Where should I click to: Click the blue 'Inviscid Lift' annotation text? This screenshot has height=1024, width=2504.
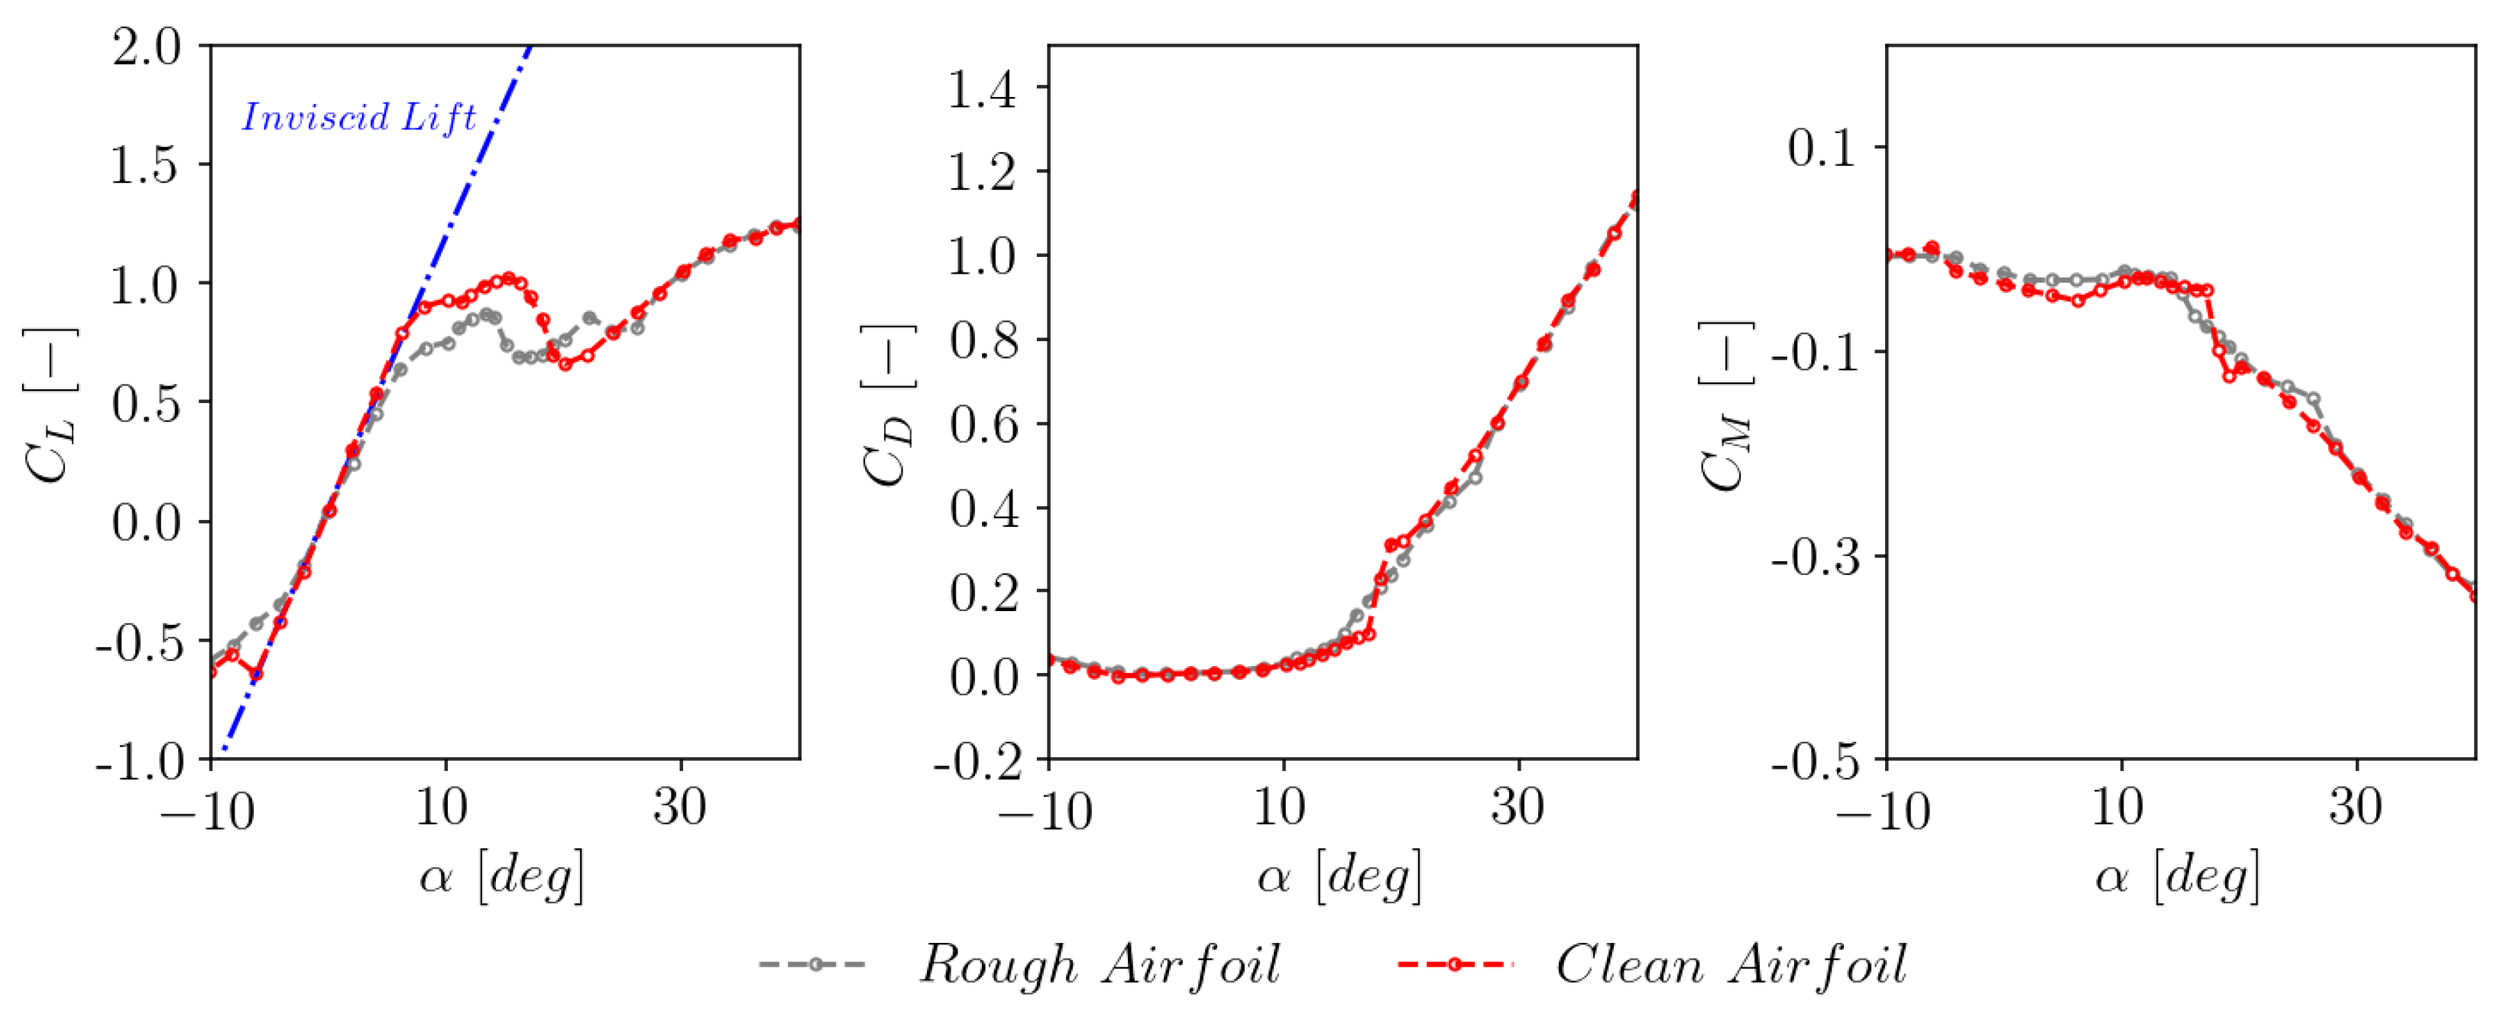[358, 118]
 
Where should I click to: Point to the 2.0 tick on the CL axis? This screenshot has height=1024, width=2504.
[146, 47]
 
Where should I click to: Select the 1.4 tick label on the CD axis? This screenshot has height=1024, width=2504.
[982, 89]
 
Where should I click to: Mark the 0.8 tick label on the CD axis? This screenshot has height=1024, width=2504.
[982, 340]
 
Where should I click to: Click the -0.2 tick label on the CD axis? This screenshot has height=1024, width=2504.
[976, 760]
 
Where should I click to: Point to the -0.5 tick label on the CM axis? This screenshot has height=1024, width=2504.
[1814, 760]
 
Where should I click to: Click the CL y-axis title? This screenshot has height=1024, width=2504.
[49, 405]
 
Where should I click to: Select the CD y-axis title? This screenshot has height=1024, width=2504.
[886, 405]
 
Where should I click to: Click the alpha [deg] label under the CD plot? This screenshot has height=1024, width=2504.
[1339, 875]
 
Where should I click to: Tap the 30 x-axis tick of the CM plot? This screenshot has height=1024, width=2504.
[2355, 807]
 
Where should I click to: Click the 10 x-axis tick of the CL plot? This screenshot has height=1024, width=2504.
[442, 807]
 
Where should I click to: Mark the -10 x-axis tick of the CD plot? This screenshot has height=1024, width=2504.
[1045, 809]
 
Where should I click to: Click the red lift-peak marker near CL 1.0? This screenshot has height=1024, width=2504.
[508, 279]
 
